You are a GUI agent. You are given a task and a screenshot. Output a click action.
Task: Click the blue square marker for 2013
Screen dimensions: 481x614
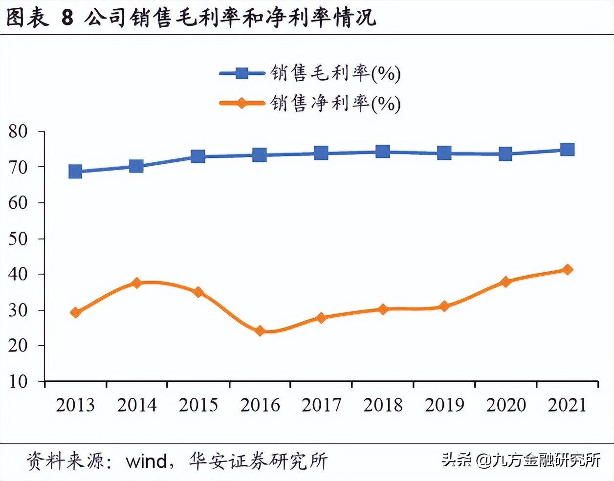75,172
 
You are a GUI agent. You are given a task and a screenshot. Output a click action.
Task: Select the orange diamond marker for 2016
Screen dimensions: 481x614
260,331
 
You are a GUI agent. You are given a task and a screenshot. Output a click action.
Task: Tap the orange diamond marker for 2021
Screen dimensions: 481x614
567,269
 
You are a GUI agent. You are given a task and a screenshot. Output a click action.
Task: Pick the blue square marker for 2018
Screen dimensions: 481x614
383,152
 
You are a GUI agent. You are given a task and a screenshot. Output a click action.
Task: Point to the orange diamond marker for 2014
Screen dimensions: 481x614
136,283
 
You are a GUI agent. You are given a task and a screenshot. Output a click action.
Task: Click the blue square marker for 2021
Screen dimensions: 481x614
567,149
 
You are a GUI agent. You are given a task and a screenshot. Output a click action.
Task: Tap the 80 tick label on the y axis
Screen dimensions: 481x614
18,131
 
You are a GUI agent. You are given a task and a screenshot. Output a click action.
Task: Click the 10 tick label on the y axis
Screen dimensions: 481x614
18,381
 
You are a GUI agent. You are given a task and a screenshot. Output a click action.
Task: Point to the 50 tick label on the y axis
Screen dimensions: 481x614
18,239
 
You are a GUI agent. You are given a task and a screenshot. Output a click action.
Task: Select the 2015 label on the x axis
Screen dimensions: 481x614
198,405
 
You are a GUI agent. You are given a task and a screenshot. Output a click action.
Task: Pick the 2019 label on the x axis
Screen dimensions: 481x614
444,405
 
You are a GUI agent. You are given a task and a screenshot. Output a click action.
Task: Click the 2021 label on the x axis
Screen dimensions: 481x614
567,405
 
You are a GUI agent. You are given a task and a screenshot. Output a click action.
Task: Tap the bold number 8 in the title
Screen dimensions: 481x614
67,18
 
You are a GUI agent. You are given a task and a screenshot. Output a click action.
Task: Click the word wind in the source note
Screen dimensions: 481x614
146,461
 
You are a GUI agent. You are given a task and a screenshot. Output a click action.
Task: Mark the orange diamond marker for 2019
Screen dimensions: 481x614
444,306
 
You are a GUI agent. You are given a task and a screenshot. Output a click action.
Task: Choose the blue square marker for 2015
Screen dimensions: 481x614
198,156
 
